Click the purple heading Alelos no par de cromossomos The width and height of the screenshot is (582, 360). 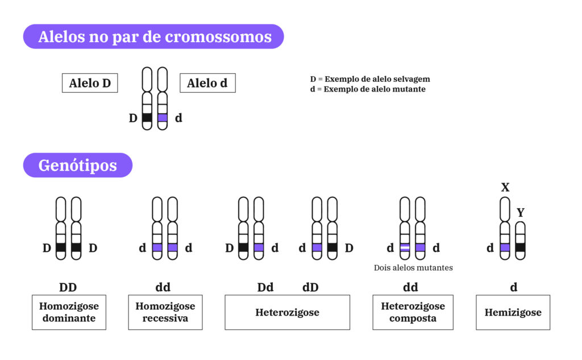click(153, 37)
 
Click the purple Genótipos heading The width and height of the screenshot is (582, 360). click(78, 165)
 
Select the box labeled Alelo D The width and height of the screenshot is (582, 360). click(90, 83)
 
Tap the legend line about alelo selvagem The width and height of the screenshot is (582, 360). click(369, 79)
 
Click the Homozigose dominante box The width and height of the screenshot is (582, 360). click(69, 312)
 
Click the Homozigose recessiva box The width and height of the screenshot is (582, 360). click(165, 312)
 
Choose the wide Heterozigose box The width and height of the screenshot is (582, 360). click(287, 312)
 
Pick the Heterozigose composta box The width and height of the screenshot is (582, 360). click(413, 312)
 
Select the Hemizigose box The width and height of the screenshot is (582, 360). click(513, 312)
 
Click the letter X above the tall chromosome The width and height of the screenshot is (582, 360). click(505, 188)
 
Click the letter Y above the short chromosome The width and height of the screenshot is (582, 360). click(520, 213)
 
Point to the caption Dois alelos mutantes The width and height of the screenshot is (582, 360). click(413, 267)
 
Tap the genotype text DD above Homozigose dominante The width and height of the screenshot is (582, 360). click(68, 287)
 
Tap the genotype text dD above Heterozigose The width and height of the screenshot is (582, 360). click(310, 287)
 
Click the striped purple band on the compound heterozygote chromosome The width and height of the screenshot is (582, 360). click(405, 248)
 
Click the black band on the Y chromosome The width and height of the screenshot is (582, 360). click(520, 247)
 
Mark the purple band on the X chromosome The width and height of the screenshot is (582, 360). click(505, 247)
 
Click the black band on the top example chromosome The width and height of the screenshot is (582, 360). click(147, 118)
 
